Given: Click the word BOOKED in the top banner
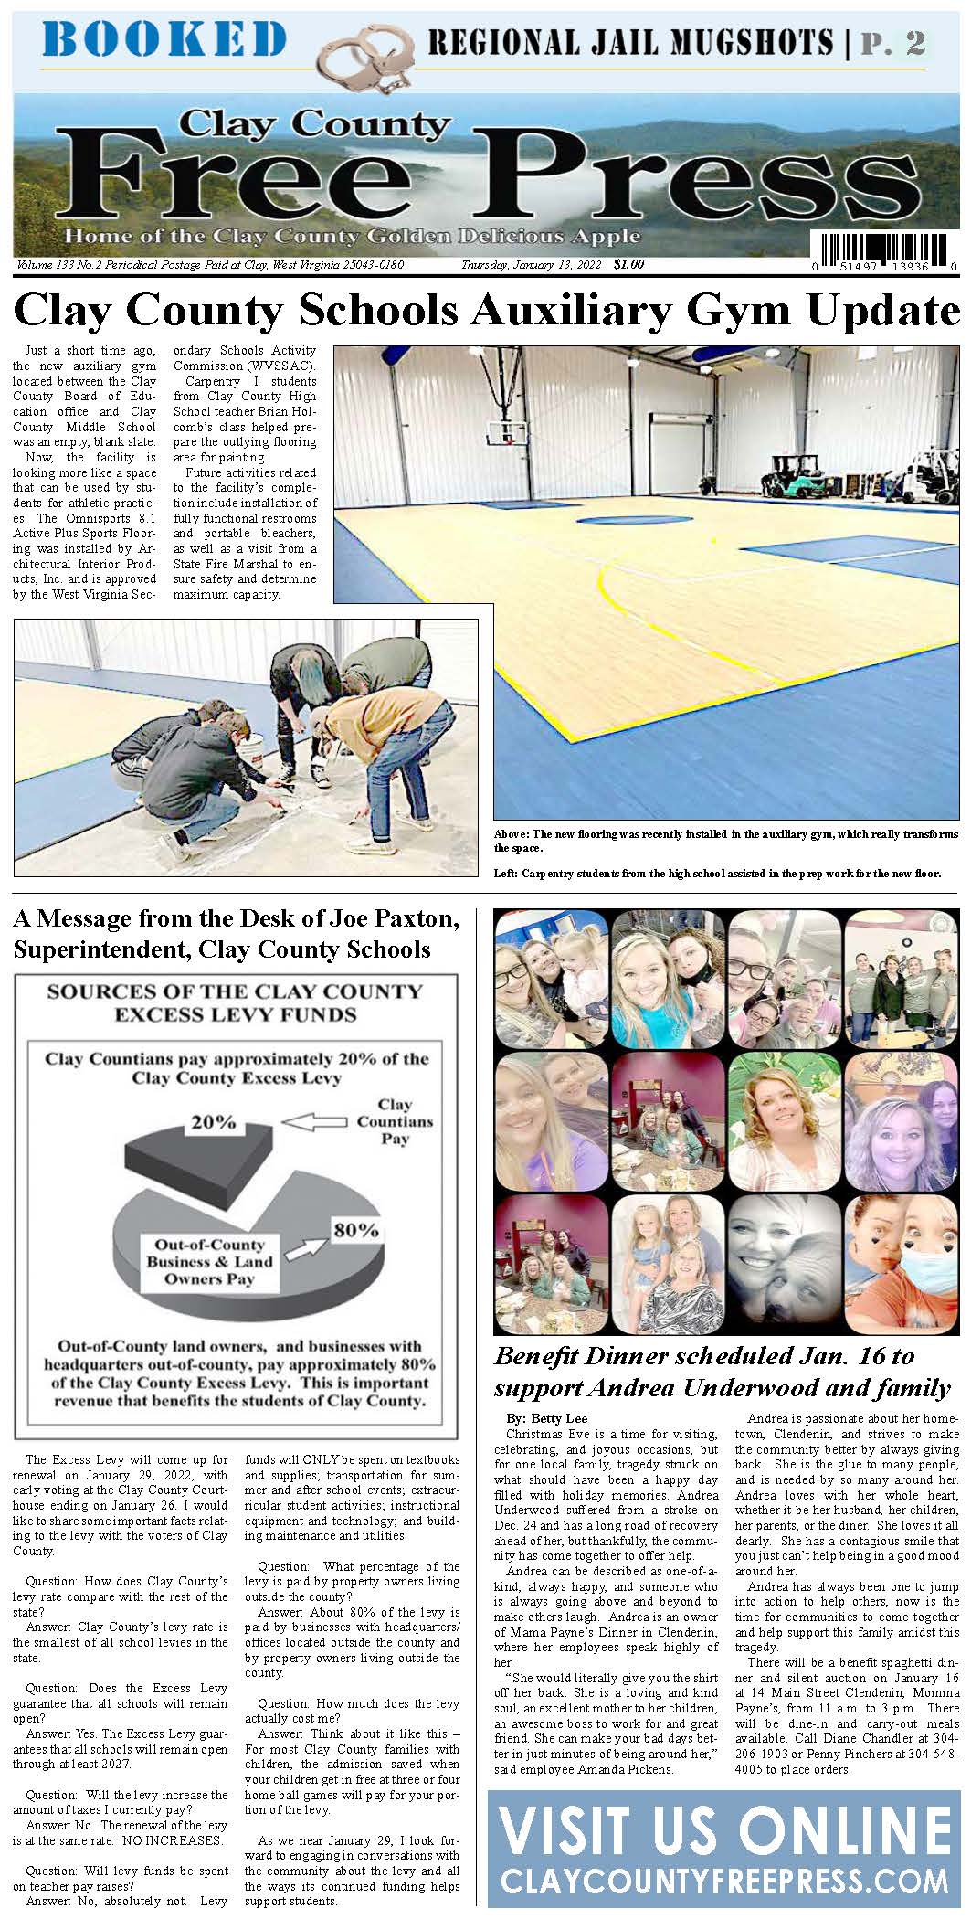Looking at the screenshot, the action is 164,41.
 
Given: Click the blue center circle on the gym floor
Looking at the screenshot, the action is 622,521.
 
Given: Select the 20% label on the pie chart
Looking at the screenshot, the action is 213,1122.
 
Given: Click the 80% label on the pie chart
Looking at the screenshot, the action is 355,1230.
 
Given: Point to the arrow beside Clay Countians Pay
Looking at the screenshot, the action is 313,1121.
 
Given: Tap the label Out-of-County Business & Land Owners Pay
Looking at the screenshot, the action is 209,1262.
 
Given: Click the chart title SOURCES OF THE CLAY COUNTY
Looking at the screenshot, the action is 235,991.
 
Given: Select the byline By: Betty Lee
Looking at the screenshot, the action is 547,1418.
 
